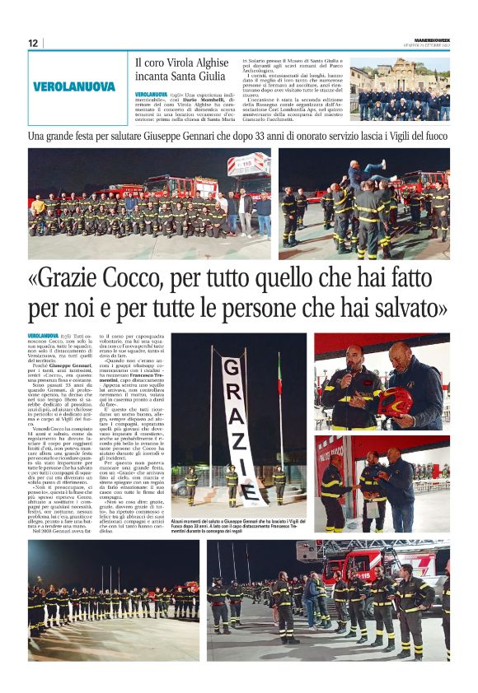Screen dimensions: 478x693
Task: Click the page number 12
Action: (x=33, y=43)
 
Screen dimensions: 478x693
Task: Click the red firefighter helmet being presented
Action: (x=393, y=402)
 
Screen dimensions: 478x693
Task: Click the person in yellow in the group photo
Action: (x=38, y=204)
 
